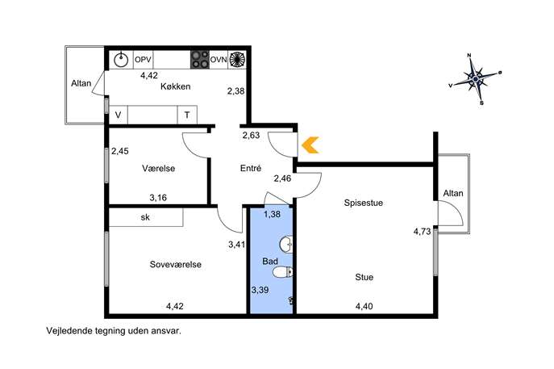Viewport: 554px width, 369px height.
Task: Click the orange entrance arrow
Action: pos(310,145)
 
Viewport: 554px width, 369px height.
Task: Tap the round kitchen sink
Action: pos(121,60)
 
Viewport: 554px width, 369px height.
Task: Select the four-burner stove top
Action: pos(200,60)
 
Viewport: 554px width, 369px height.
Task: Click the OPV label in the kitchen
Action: pos(143,60)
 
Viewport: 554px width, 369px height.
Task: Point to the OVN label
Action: pos(219,60)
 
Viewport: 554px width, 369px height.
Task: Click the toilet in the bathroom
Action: pos(283,272)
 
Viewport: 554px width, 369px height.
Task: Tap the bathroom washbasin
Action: pos(285,244)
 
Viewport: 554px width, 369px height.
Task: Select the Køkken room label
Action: pos(175,86)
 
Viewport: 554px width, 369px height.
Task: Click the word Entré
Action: pos(251,168)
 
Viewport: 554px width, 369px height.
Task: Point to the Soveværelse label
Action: pos(176,264)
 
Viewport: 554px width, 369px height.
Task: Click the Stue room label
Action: pos(364,277)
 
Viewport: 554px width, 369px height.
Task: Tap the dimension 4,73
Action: pos(423,232)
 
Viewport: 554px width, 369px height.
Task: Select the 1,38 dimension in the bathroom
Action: pos(272,214)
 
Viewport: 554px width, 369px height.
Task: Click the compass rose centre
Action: pos(476,78)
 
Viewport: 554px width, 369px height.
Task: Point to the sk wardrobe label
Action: pos(145,217)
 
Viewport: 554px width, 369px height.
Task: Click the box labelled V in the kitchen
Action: pos(118,115)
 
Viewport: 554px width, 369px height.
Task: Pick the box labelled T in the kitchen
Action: pos(187,115)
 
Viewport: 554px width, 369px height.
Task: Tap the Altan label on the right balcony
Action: pos(453,193)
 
